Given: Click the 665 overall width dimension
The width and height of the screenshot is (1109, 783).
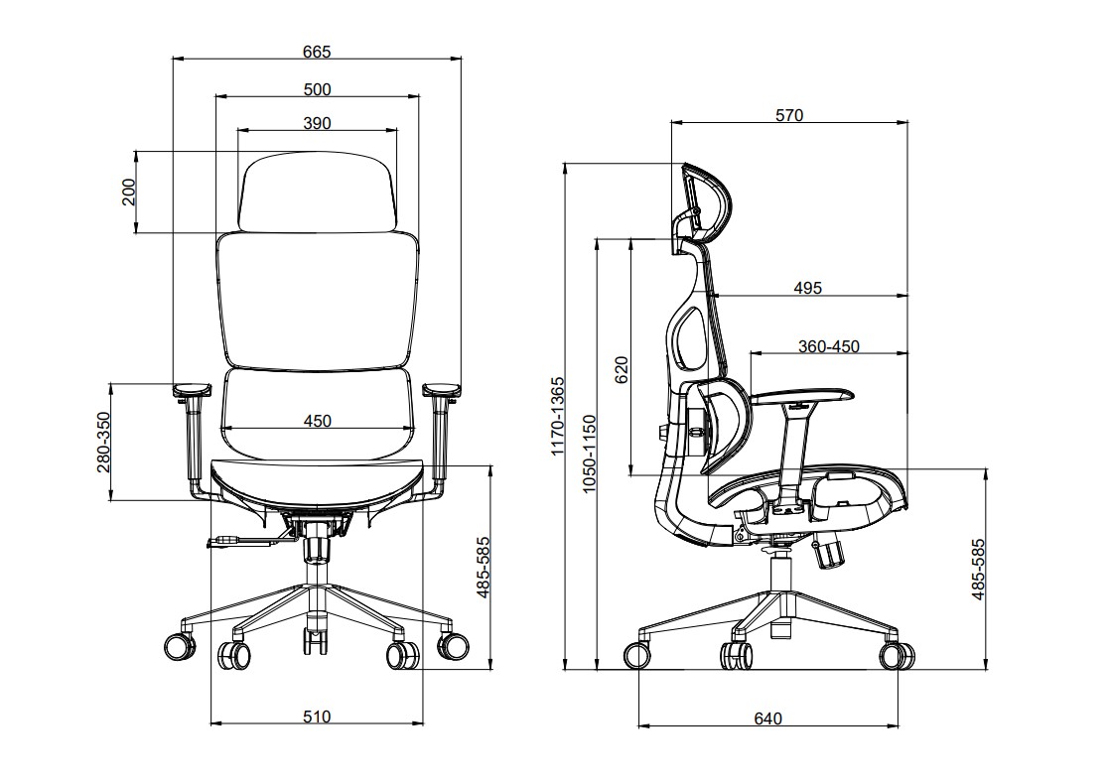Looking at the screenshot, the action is coord(317,52).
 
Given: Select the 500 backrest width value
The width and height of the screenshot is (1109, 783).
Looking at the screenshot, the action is coord(317,89).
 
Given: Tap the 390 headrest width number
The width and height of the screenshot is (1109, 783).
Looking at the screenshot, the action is coord(317,123).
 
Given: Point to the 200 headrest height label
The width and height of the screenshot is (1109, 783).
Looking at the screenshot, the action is coord(128,192).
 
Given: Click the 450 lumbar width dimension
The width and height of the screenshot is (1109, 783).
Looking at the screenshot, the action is coord(317,421).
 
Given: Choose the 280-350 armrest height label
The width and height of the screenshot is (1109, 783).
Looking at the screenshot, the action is coord(104,443).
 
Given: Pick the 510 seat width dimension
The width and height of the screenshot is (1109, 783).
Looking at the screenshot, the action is coord(317,717).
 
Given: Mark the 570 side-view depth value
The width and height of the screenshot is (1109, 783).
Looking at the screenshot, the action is coord(789,114).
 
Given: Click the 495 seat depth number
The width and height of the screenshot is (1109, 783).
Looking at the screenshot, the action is coord(808,288).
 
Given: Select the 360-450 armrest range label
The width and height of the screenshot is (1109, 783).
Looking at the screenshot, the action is coord(829,346).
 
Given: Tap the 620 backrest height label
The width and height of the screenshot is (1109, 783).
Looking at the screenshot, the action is coord(622,369).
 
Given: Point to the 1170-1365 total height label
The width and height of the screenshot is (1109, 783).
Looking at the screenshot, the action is coord(558,416).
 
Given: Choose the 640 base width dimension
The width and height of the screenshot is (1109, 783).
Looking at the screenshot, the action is coord(768,718).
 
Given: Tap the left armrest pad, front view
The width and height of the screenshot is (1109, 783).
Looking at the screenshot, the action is coord(192,389).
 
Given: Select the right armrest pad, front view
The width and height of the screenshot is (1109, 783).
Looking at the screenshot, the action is coord(442,389).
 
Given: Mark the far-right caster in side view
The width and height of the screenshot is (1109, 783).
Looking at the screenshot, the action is coord(897,655).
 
